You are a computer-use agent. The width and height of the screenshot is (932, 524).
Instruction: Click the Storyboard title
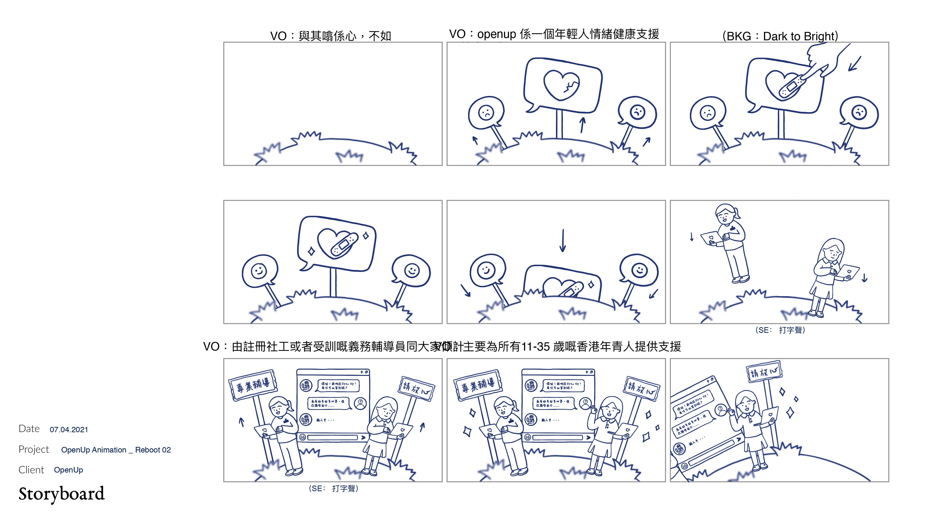coord(62,494)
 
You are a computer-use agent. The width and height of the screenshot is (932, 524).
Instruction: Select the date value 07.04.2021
coord(69,430)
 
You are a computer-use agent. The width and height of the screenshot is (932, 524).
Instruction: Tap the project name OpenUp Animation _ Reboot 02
coord(116,450)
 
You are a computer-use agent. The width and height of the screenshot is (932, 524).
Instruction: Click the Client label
coord(31,470)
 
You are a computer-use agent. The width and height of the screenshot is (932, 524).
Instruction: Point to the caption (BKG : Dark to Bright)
coord(780,36)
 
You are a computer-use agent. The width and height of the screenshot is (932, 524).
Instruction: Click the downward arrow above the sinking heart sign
coord(563,241)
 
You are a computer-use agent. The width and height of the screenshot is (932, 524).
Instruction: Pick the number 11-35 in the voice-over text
coord(535,347)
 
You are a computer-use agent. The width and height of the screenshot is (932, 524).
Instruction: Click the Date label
coord(29,429)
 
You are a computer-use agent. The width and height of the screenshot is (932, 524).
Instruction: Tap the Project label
coord(34,449)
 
